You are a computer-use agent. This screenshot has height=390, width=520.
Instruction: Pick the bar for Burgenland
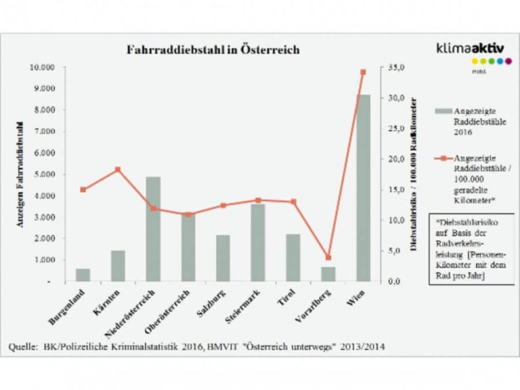click(x=83, y=275)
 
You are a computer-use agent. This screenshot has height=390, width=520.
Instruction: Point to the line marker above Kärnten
click(x=118, y=169)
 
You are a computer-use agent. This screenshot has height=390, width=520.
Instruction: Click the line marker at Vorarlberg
click(x=328, y=257)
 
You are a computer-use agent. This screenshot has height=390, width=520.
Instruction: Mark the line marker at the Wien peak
click(x=364, y=72)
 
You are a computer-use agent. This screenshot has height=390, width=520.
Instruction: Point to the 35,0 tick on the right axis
click(x=396, y=68)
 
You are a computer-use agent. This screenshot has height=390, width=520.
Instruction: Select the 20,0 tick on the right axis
click(x=396, y=159)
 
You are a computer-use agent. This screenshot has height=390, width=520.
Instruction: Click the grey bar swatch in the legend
click(x=443, y=110)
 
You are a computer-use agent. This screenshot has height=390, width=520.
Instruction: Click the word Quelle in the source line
click(x=23, y=346)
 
